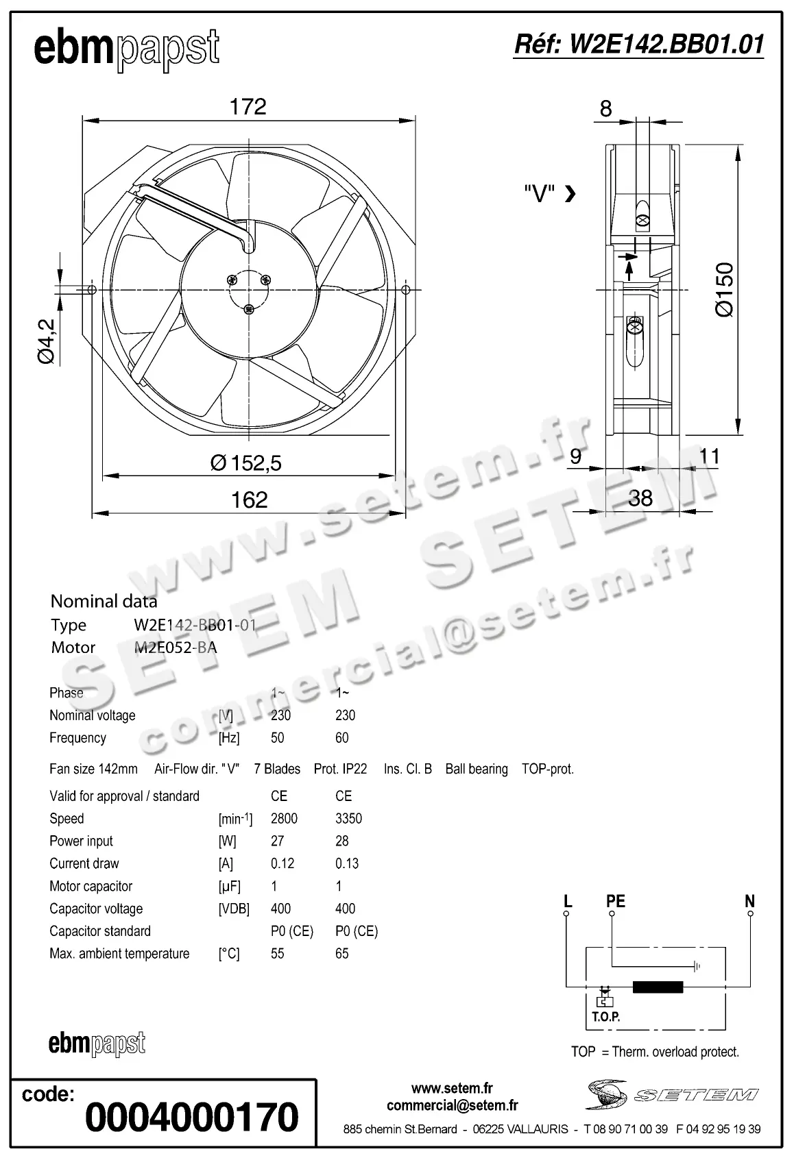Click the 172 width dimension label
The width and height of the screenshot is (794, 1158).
[248, 107]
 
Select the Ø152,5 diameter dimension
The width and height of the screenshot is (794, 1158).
[246, 463]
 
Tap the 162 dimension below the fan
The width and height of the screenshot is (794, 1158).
[249, 500]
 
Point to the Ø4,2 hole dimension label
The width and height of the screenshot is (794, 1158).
[46, 341]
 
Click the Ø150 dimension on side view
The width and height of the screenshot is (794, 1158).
[725, 288]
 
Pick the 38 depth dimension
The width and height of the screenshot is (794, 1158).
[640, 498]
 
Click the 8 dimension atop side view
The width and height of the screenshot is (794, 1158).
[605, 108]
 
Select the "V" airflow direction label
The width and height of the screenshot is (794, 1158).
[539, 194]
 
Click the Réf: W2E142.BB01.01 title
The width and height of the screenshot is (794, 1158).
[638, 45]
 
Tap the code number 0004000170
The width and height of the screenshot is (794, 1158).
[192, 1117]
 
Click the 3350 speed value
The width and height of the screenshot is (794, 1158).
[348, 819]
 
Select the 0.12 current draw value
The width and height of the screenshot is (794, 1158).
[282, 863]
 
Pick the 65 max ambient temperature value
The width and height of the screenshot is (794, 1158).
[342, 954]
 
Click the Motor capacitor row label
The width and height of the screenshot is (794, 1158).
[91, 886]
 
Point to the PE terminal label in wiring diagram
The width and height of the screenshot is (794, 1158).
[616, 901]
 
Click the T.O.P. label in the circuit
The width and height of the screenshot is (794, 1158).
[605, 1017]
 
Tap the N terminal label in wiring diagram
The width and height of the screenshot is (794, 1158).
[749, 901]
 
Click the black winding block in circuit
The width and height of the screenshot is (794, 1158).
[658, 987]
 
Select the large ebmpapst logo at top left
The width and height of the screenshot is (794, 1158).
[127, 49]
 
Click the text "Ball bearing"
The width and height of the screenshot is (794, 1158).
[477, 769]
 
